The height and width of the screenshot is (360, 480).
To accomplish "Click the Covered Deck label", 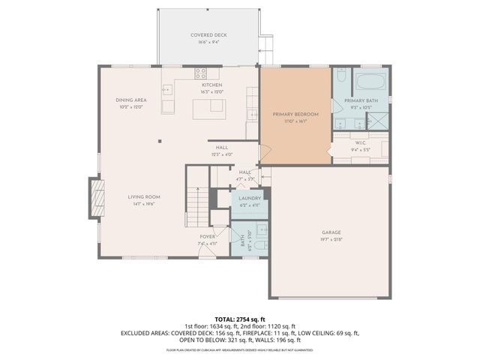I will [x=209, y=35].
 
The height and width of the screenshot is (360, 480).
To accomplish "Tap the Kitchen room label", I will [x=213, y=85].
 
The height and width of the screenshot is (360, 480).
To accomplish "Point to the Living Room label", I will [x=147, y=197].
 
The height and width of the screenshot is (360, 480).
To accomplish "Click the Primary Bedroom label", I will [x=295, y=114].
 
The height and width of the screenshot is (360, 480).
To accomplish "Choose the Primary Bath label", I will [x=361, y=100].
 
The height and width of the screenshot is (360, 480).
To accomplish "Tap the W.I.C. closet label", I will [x=361, y=143].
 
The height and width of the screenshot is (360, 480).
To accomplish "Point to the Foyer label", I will [x=207, y=237].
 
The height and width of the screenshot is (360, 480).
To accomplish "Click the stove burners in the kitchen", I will [x=201, y=73].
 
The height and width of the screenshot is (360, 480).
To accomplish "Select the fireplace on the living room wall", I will [x=95, y=198].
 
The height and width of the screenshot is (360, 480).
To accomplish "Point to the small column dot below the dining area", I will [x=159, y=141].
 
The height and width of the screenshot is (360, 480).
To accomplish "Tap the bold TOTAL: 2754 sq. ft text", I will [x=240, y=319].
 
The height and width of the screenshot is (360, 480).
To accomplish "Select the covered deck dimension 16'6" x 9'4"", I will [x=209, y=42].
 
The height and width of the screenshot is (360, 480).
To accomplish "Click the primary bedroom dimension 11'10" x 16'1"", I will [x=295, y=121].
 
